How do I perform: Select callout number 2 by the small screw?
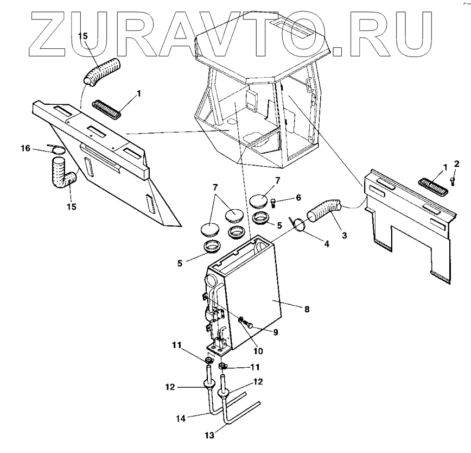tap(456, 163)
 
